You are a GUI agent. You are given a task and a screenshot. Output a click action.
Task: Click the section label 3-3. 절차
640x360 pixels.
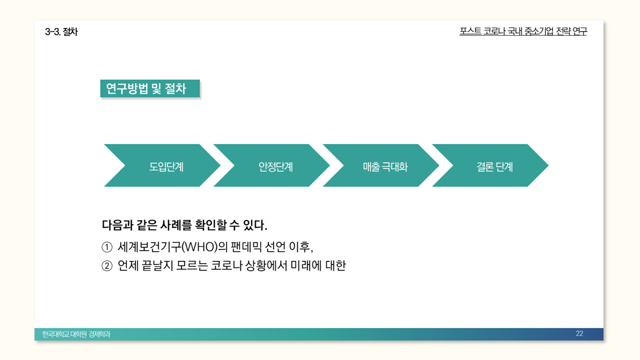coord(61,32)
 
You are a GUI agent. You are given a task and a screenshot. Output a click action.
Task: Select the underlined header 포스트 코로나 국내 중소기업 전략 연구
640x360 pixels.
coord(523,31)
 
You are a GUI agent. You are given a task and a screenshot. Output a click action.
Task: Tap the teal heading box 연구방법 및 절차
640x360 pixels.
coord(149,88)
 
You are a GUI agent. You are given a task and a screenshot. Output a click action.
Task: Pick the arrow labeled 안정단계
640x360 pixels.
coord(275,166)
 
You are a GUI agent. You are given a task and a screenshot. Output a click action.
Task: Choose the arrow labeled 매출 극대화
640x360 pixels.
coord(385,166)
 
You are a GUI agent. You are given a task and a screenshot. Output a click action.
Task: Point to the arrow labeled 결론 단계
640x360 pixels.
coord(494,166)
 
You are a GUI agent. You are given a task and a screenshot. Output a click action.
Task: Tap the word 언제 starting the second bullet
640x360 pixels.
coord(127,266)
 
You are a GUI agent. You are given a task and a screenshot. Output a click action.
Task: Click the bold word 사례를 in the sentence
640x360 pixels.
coord(175,225)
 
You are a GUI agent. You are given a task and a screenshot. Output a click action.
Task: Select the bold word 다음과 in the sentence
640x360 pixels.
coord(116,225)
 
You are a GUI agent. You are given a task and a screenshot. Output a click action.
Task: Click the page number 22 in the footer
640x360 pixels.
coord(579,334)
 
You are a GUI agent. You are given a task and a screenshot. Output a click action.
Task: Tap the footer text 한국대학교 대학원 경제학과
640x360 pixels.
coord(76,334)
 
